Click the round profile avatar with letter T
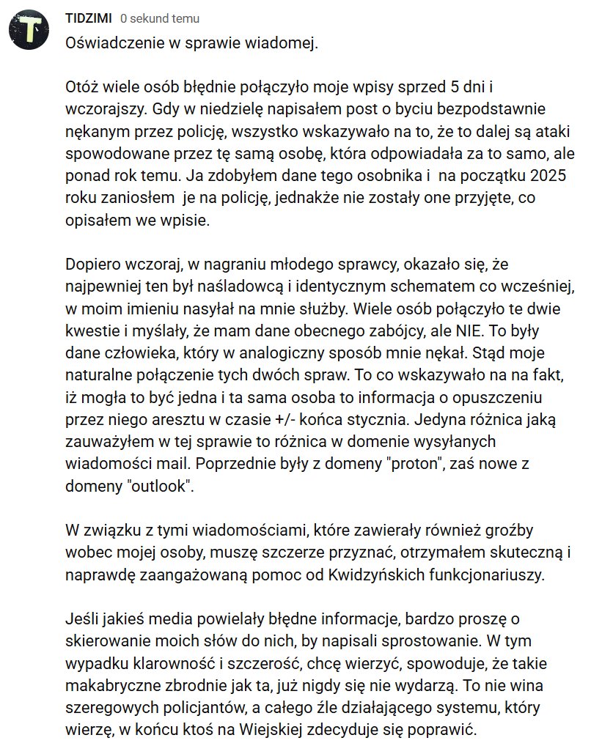pos(29,30)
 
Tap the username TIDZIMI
pos(88,18)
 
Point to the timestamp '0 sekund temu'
pos(159,18)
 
